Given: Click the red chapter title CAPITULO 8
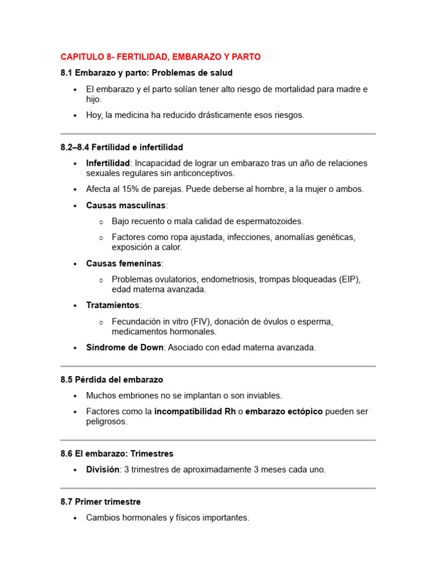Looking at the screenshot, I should click(x=161, y=57).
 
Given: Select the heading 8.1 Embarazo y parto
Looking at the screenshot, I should click(x=146, y=73).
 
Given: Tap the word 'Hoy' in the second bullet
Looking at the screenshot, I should click(x=94, y=115).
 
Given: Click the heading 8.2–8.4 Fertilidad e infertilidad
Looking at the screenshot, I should click(x=121, y=148).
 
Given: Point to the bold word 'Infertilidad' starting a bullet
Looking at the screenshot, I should click(x=108, y=163).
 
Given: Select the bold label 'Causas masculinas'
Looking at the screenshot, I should click(x=126, y=205).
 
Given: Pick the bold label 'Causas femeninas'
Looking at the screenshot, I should click(x=124, y=263).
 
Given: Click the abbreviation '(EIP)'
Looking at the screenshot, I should click(x=350, y=279).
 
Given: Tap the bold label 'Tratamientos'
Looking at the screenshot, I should click(x=112, y=305).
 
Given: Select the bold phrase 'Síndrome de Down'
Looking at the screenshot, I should click(x=125, y=347).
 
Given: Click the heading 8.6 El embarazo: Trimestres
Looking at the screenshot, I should click(x=117, y=454).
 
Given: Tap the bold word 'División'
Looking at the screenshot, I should click(x=103, y=470).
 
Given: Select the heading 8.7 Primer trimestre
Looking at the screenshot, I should click(x=100, y=502).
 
